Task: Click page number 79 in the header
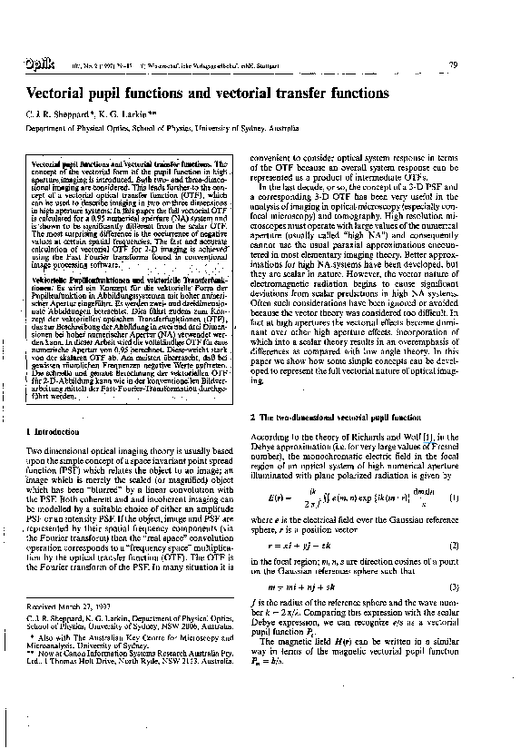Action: (x=478, y=65)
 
